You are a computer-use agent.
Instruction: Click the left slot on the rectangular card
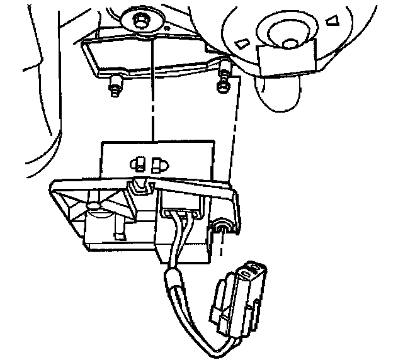(x=135, y=165)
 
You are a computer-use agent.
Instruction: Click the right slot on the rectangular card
(x=157, y=165)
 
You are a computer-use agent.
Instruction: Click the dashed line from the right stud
(x=233, y=138)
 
